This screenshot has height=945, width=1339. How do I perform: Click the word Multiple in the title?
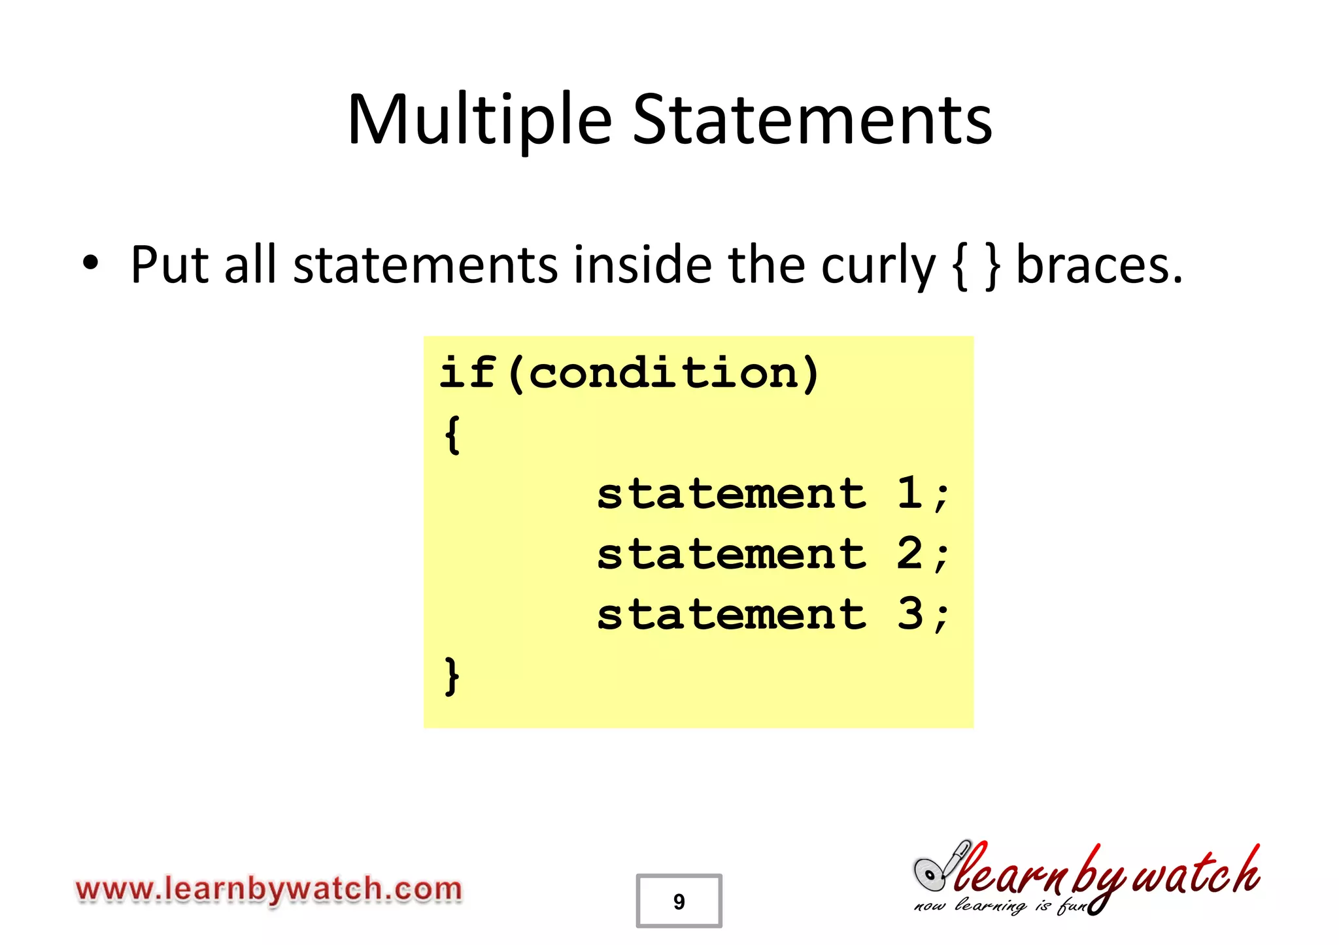479,121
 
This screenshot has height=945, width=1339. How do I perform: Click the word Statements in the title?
813,121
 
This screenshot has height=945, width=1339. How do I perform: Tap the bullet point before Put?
91,263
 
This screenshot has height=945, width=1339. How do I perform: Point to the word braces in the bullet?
1099,266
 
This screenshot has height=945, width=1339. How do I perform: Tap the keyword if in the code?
467,373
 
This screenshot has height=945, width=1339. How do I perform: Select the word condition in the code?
664,373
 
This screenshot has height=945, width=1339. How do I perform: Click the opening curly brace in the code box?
452,434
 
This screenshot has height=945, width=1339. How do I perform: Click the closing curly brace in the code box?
452,676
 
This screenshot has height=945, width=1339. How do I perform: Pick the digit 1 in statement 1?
909,493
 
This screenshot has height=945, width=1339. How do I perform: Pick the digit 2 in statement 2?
909,554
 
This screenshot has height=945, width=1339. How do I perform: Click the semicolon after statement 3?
941,618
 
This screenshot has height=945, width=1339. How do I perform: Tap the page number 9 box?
679,901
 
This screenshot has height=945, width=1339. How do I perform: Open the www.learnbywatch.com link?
269,889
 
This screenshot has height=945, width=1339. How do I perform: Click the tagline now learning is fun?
1000,906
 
